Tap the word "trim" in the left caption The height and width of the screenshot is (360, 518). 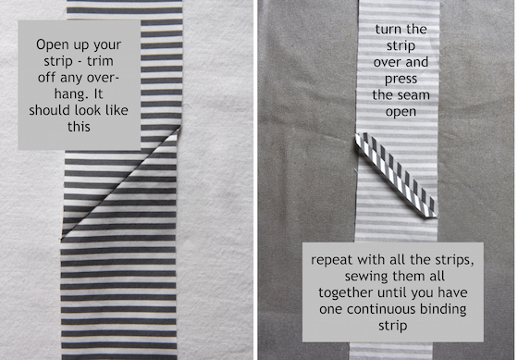pyautogui.click(x=100, y=61)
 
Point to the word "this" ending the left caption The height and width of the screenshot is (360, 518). pyautogui.click(x=79, y=127)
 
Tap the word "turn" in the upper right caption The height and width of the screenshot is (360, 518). pyautogui.click(x=388, y=30)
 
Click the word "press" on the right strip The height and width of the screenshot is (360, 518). pyautogui.click(x=401, y=80)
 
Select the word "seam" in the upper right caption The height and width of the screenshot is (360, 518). pyautogui.click(x=414, y=95)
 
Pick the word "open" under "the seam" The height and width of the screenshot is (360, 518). pyautogui.click(x=401, y=112)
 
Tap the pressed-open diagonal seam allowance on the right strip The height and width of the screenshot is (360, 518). pyautogui.click(x=396, y=175)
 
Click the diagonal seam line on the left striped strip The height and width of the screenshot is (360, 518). pyautogui.click(x=121, y=182)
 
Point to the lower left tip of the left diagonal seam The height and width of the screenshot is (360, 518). pyautogui.click(x=61, y=239)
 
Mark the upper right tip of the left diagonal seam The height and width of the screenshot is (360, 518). pyautogui.click(x=180, y=126)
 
